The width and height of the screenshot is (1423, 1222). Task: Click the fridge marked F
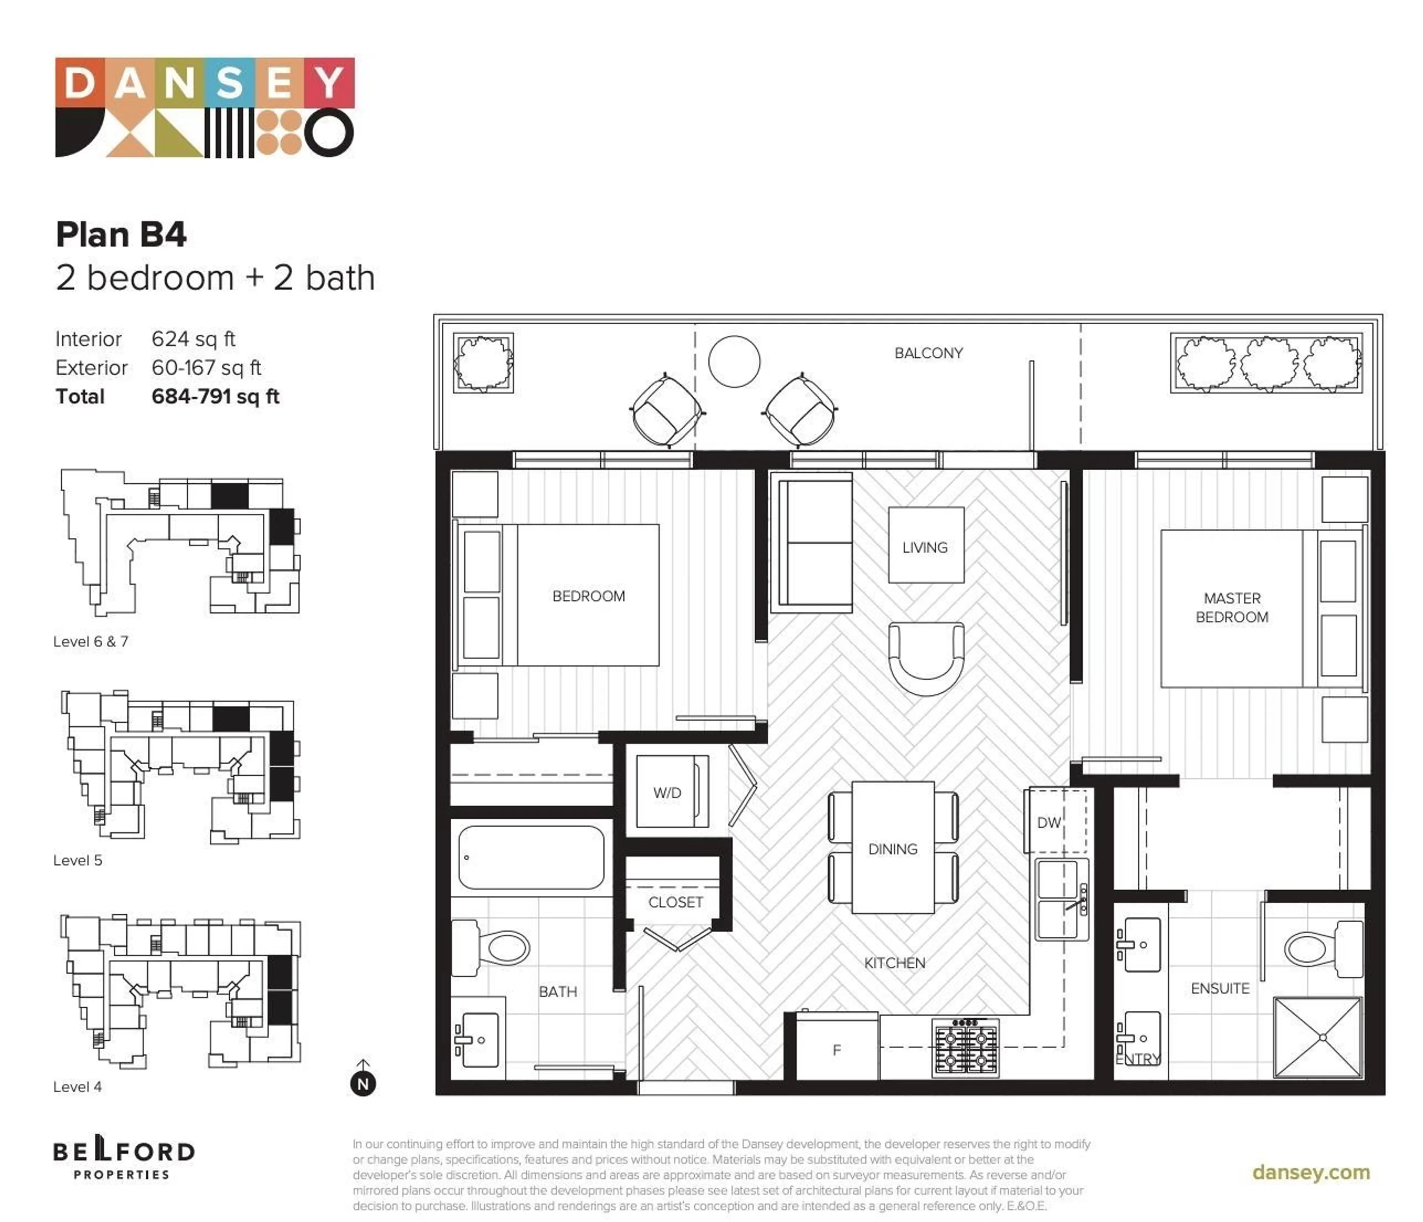(836, 1050)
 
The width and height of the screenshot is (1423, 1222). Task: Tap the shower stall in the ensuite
(1317, 1037)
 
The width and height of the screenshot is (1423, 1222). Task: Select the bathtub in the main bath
(531, 857)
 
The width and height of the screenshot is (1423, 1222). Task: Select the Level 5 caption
(77, 860)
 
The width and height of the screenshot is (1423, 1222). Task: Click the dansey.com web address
(1310, 1172)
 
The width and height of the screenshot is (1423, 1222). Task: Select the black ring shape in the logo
(330, 133)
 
